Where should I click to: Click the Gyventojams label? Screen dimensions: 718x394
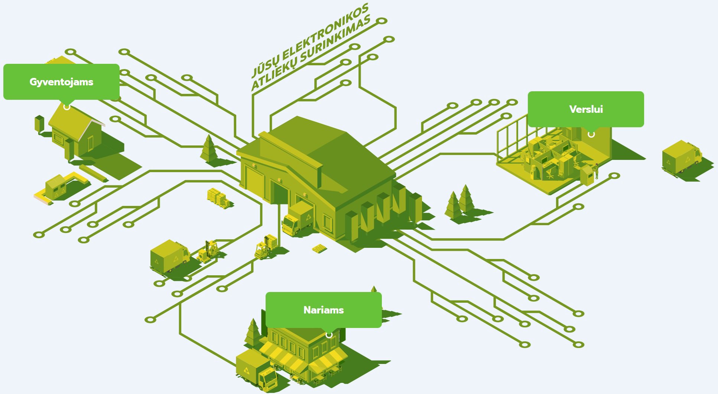[61, 82]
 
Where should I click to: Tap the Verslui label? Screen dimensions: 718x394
[586, 109]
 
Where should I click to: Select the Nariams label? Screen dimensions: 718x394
[324, 310]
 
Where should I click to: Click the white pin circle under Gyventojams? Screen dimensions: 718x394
[66, 107]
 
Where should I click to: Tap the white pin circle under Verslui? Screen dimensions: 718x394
[591, 134]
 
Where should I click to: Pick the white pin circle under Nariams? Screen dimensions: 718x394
[329, 335]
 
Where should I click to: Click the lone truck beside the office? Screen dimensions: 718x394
[682, 157]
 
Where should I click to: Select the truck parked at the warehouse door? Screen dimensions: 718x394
[298, 219]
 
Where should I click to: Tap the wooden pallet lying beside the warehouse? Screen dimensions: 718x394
[319, 248]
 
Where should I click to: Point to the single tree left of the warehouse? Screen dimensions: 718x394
[209, 149]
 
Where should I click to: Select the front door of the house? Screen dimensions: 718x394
[90, 144]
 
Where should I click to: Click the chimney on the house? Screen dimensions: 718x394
[39, 124]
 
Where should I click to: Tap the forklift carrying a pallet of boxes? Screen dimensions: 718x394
[266, 246]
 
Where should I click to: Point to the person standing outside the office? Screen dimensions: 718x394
[597, 171]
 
